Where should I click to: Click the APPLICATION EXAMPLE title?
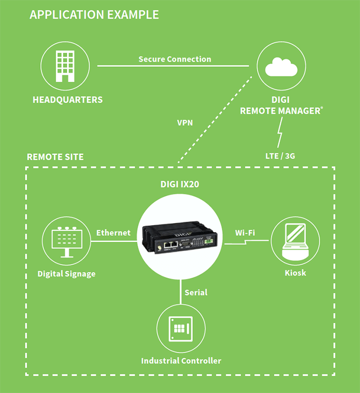point(94,14)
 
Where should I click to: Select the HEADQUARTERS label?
point(68,100)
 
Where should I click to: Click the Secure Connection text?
point(175,59)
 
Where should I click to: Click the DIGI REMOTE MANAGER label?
point(281,105)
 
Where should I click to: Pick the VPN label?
point(185,123)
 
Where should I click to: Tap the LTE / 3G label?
point(281,156)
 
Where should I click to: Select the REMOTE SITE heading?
point(55,157)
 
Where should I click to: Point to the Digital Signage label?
point(67,274)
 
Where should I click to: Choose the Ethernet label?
point(113,232)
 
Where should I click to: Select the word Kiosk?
point(295,272)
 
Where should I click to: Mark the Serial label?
point(196,292)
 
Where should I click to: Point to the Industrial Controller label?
point(181,361)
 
